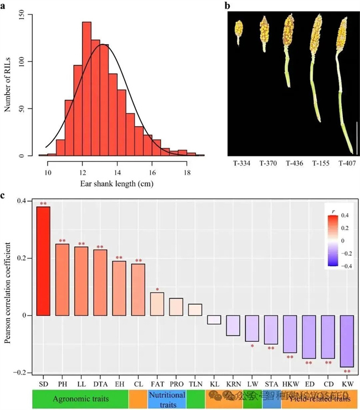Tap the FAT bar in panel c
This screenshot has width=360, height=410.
(158, 304)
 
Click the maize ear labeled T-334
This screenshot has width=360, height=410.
(239, 32)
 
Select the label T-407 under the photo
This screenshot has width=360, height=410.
(342, 164)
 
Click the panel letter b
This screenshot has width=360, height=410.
(227, 6)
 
